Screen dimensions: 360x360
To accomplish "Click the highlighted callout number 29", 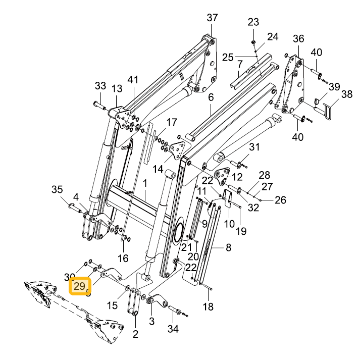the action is [x=80, y=286].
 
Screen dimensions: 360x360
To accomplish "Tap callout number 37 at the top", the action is [x=212, y=18].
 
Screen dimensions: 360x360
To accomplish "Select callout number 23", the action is [x=253, y=22].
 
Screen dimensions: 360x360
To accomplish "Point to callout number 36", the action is [x=298, y=38].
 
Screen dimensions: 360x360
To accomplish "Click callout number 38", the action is [x=347, y=94].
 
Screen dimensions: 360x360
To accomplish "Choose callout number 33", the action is [x=100, y=86].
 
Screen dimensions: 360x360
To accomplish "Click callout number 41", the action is [x=133, y=80].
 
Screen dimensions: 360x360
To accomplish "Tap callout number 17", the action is [x=172, y=122].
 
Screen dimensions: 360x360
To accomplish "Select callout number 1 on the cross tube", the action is [x=144, y=183].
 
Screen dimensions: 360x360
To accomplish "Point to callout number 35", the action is [x=57, y=189].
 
